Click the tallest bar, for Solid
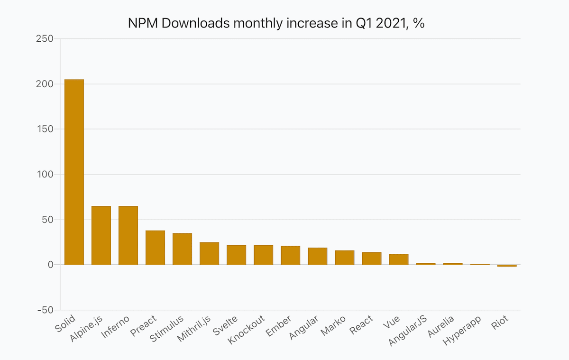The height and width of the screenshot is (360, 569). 74,172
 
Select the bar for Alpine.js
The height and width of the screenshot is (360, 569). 101,235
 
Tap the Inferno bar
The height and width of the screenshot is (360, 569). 128,235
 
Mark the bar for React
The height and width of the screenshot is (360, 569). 371,258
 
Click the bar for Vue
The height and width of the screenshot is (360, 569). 399,259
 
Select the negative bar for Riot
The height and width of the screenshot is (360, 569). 507,266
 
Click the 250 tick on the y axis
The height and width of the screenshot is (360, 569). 45,39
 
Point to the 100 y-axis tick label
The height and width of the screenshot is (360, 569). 45,175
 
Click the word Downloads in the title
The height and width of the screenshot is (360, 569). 197,23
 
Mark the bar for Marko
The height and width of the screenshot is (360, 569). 344,258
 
